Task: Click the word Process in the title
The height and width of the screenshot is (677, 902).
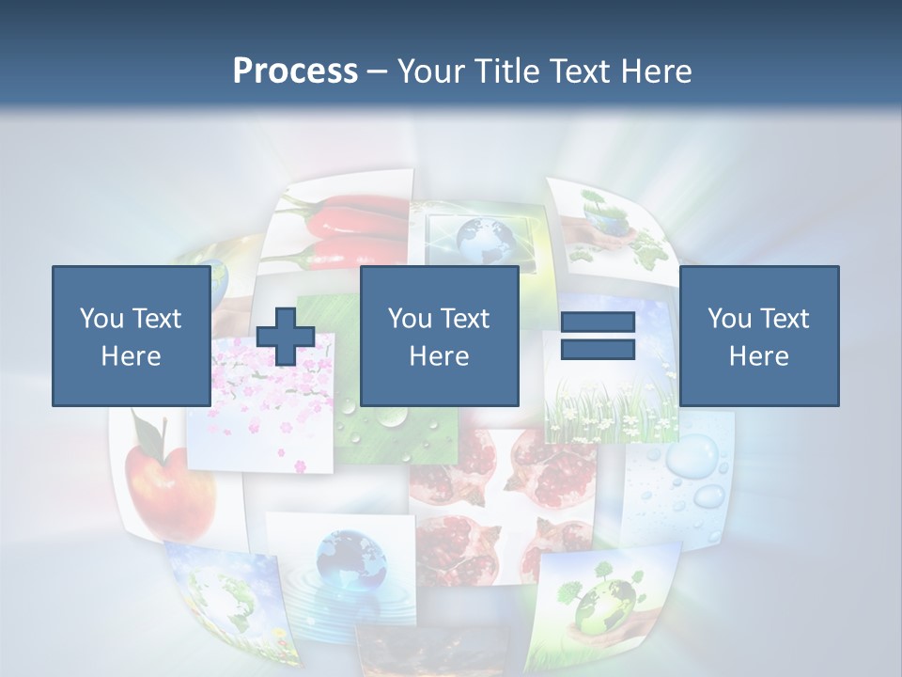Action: tap(295, 71)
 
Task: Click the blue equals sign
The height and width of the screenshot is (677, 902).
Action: tap(598, 336)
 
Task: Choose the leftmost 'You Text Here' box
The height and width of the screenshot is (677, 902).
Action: tap(131, 336)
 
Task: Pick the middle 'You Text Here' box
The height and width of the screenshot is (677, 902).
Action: tap(439, 336)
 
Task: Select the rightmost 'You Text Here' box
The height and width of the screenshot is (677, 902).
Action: tap(758, 336)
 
